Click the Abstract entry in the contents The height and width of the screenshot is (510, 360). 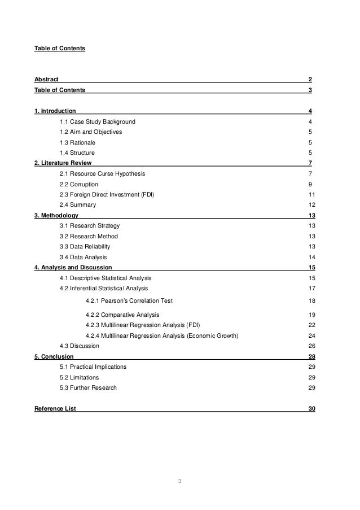pyautogui.click(x=46, y=79)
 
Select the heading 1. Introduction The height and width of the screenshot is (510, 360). pyautogui.click(x=55, y=111)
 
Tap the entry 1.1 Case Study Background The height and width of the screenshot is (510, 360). pyautogui.click(x=97, y=121)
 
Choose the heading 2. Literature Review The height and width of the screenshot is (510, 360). pyautogui.click(x=63, y=163)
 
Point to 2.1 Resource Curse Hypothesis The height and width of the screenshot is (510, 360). pyautogui.click(x=106, y=173)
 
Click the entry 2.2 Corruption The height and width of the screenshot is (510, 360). pyautogui.click(x=78, y=184)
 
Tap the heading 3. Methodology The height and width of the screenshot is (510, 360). pyautogui.click(x=56, y=215)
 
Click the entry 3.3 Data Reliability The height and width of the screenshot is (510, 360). pyautogui.click(x=85, y=246)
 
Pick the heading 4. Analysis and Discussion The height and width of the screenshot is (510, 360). pyautogui.click(x=73, y=267)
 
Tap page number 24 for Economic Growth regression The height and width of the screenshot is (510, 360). pyautogui.click(x=312, y=335)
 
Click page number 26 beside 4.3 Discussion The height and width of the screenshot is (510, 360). pyautogui.click(x=312, y=346)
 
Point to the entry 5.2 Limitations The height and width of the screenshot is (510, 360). pyautogui.click(x=79, y=377)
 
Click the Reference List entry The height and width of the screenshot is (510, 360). pyautogui.click(x=55, y=408)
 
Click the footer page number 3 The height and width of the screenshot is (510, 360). pyautogui.click(x=179, y=481)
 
